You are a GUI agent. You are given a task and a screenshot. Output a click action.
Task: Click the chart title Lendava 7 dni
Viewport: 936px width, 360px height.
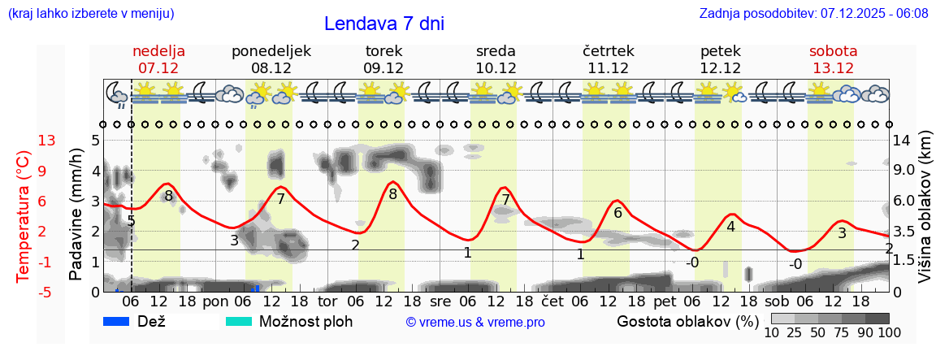pyautogui.click(x=383, y=24)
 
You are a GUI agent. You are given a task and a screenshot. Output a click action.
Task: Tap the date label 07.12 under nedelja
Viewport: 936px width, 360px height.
pyautogui.click(x=158, y=68)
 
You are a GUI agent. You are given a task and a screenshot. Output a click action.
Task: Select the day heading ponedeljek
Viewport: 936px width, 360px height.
pyautogui.click(x=271, y=51)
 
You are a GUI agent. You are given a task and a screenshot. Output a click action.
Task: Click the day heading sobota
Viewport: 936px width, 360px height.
pyautogui.click(x=833, y=51)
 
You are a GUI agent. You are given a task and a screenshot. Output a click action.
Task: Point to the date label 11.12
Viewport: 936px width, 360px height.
pyautogui.click(x=609, y=68)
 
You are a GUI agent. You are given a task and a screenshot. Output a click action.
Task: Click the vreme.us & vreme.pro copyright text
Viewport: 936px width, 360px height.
pyautogui.click(x=475, y=322)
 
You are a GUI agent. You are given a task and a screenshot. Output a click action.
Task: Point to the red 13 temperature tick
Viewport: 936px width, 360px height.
pyautogui.click(x=46, y=141)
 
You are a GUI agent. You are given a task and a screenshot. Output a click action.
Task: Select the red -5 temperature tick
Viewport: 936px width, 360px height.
pyautogui.click(x=46, y=292)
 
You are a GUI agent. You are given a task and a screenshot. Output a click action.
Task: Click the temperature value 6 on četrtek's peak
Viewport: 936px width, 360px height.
pyautogui.click(x=617, y=213)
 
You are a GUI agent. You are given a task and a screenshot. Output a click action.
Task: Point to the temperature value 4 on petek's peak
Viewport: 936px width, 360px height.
pyautogui.click(x=730, y=227)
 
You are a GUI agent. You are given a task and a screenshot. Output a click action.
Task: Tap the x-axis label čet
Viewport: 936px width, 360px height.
pyautogui.click(x=552, y=301)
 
